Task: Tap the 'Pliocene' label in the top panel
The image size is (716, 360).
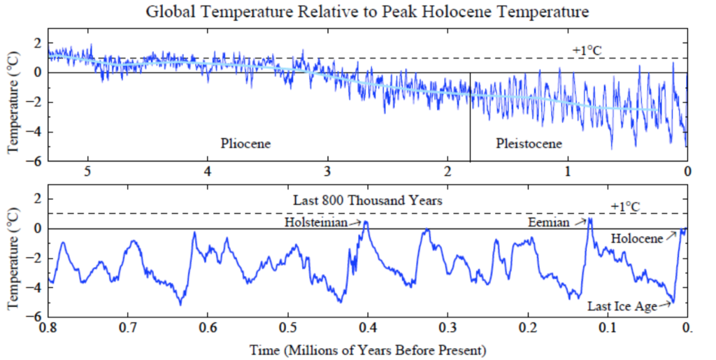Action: (245, 143)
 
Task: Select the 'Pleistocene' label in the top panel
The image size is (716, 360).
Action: (529, 143)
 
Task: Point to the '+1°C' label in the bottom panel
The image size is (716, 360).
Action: (624, 206)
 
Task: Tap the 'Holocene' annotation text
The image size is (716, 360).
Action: (636, 239)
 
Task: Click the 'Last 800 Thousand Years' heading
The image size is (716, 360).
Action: (368, 200)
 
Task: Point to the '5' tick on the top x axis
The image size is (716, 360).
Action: (88, 171)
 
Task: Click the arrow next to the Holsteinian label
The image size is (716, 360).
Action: (359, 222)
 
